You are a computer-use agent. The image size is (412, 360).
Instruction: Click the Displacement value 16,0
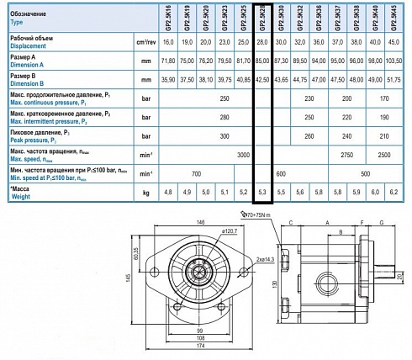(x=168, y=41)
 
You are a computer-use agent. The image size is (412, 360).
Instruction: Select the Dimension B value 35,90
(x=168, y=80)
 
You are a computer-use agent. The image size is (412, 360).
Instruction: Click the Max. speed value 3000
(x=244, y=156)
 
